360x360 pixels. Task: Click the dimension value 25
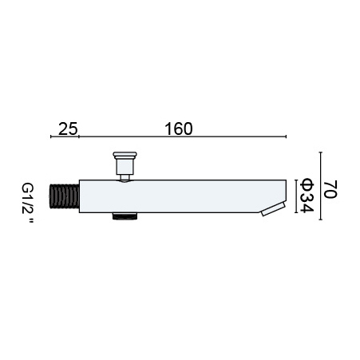(68, 129)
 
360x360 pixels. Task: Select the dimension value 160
(179, 129)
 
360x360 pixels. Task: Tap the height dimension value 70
(330, 189)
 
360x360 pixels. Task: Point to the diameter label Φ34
(307, 196)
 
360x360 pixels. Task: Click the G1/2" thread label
(28, 203)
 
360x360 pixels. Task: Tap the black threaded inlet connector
(65, 196)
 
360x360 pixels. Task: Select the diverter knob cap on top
(125, 154)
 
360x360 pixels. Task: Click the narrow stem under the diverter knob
(125, 177)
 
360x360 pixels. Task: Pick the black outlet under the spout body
(125, 216)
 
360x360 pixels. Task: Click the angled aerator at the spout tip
(274, 209)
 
